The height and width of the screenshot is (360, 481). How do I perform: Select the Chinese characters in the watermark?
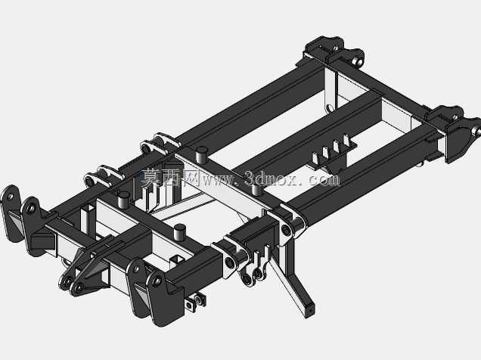170,178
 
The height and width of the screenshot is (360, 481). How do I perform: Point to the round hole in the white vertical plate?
330,108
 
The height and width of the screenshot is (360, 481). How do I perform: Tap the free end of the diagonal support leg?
310,310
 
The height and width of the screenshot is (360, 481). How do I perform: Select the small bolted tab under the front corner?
194,302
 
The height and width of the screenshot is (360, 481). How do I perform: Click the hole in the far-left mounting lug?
10,196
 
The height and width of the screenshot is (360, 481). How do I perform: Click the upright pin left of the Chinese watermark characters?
123,200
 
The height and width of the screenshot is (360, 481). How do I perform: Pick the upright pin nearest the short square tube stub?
179,232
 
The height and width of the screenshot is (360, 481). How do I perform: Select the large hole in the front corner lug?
157,281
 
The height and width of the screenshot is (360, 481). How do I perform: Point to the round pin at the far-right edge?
478,132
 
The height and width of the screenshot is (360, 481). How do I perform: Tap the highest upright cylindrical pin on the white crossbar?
201,154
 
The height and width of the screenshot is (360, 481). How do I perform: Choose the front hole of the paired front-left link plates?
79,287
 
